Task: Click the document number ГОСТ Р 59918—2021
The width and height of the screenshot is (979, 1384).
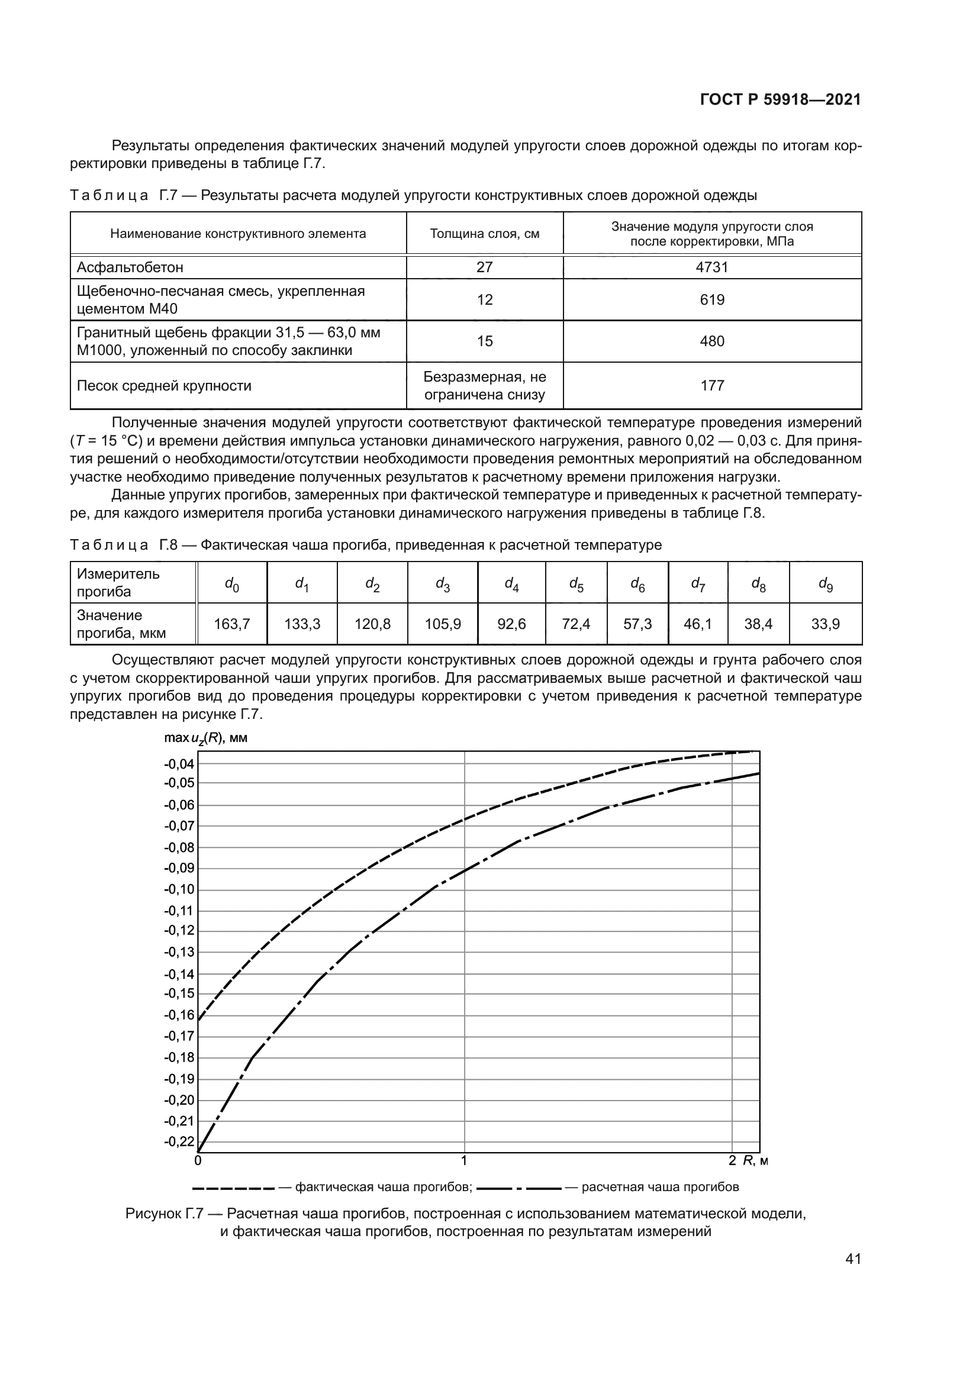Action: click(x=780, y=99)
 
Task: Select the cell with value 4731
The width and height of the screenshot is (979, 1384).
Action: click(x=712, y=267)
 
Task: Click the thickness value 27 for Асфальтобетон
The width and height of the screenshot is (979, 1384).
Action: click(x=485, y=267)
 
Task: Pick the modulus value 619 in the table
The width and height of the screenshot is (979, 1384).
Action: click(x=712, y=299)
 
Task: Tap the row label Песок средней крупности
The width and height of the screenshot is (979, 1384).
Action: click(x=164, y=386)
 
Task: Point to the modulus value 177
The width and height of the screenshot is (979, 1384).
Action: click(x=712, y=386)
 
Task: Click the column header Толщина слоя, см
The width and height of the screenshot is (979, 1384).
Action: click(x=485, y=234)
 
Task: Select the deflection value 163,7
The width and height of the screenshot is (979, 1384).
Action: click(x=232, y=624)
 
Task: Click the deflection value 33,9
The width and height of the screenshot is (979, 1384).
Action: click(x=825, y=624)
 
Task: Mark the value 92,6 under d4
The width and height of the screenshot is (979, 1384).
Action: click(x=511, y=624)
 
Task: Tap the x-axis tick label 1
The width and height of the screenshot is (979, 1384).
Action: click(x=464, y=1160)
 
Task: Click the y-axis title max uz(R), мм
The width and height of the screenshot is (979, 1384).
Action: click(x=205, y=738)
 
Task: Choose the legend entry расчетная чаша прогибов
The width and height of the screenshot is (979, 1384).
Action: click(x=660, y=1187)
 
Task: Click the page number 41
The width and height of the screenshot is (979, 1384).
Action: click(x=853, y=1259)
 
